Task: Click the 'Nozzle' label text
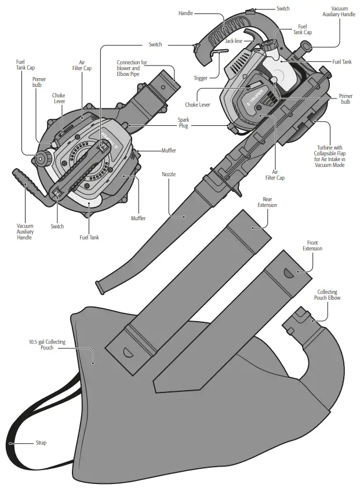169,174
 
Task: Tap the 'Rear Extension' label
267,202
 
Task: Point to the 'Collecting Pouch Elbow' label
329,295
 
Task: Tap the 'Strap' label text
41,443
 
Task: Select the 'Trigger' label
201,78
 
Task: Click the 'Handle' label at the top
186,13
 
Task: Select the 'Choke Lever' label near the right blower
198,105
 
